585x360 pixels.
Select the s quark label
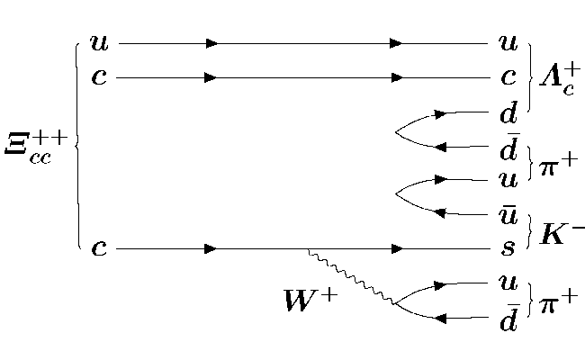click(x=508, y=247)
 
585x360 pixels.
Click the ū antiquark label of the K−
click(x=508, y=212)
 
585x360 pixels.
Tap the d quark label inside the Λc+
click(x=508, y=112)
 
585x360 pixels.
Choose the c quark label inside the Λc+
click(x=508, y=78)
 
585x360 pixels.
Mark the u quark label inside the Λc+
click(x=508, y=42)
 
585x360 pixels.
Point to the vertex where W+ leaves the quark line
click(x=308, y=247)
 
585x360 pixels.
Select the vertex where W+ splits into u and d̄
click(x=394, y=302)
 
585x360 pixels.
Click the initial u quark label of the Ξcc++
click(x=98, y=42)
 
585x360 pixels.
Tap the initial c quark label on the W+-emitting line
click(x=98, y=247)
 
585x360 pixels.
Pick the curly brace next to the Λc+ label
click(x=532, y=77)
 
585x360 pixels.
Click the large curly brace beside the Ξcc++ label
click(x=76, y=144)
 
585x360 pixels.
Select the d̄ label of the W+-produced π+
click(x=508, y=319)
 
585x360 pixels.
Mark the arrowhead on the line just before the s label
click(x=397, y=247)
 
